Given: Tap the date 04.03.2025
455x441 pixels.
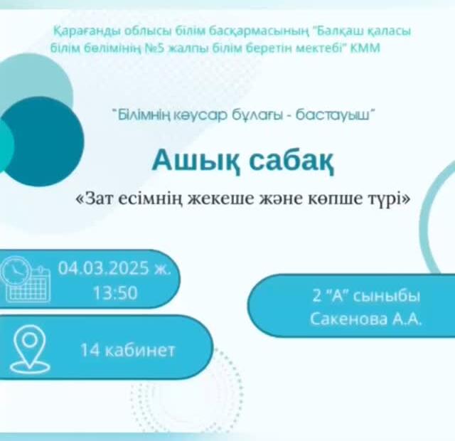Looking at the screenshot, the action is pyautogui.click(x=104, y=268).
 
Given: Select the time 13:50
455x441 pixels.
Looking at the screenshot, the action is pyautogui.click(x=115, y=292).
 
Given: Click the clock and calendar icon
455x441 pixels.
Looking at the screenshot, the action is pyautogui.click(x=26, y=279).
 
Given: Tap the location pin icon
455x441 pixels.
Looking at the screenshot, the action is pyautogui.click(x=30, y=349).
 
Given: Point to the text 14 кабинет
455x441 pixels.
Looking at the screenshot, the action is pyautogui.click(x=128, y=350).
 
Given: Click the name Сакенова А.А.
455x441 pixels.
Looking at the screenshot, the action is pyautogui.click(x=365, y=319).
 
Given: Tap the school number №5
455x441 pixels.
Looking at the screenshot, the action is pyautogui.click(x=155, y=48).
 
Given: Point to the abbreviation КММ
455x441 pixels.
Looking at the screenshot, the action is pyautogui.click(x=365, y=48).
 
